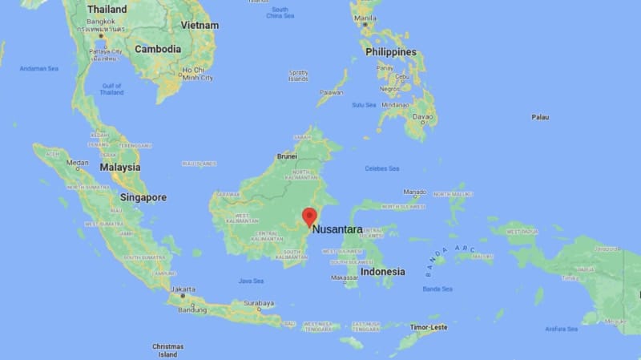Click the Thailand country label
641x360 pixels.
(107, 9)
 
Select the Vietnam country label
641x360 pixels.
(200, 25)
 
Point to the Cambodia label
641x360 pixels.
(158, 49)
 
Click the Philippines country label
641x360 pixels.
(391, 52)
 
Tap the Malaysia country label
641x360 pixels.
(120, 168)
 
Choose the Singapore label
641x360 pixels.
(143, 197)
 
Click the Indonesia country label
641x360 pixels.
(382, 272)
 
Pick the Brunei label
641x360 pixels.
(287, 156)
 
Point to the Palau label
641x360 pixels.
(540, 117)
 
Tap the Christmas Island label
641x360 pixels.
(167, 350)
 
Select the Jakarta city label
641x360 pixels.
(183, 288)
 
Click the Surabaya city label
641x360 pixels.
(259, 304)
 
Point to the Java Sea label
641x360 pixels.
(251, 281)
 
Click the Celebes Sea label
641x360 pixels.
(382, 168)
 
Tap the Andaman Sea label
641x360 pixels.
(39, 69)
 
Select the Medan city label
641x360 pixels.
(78, 163)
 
